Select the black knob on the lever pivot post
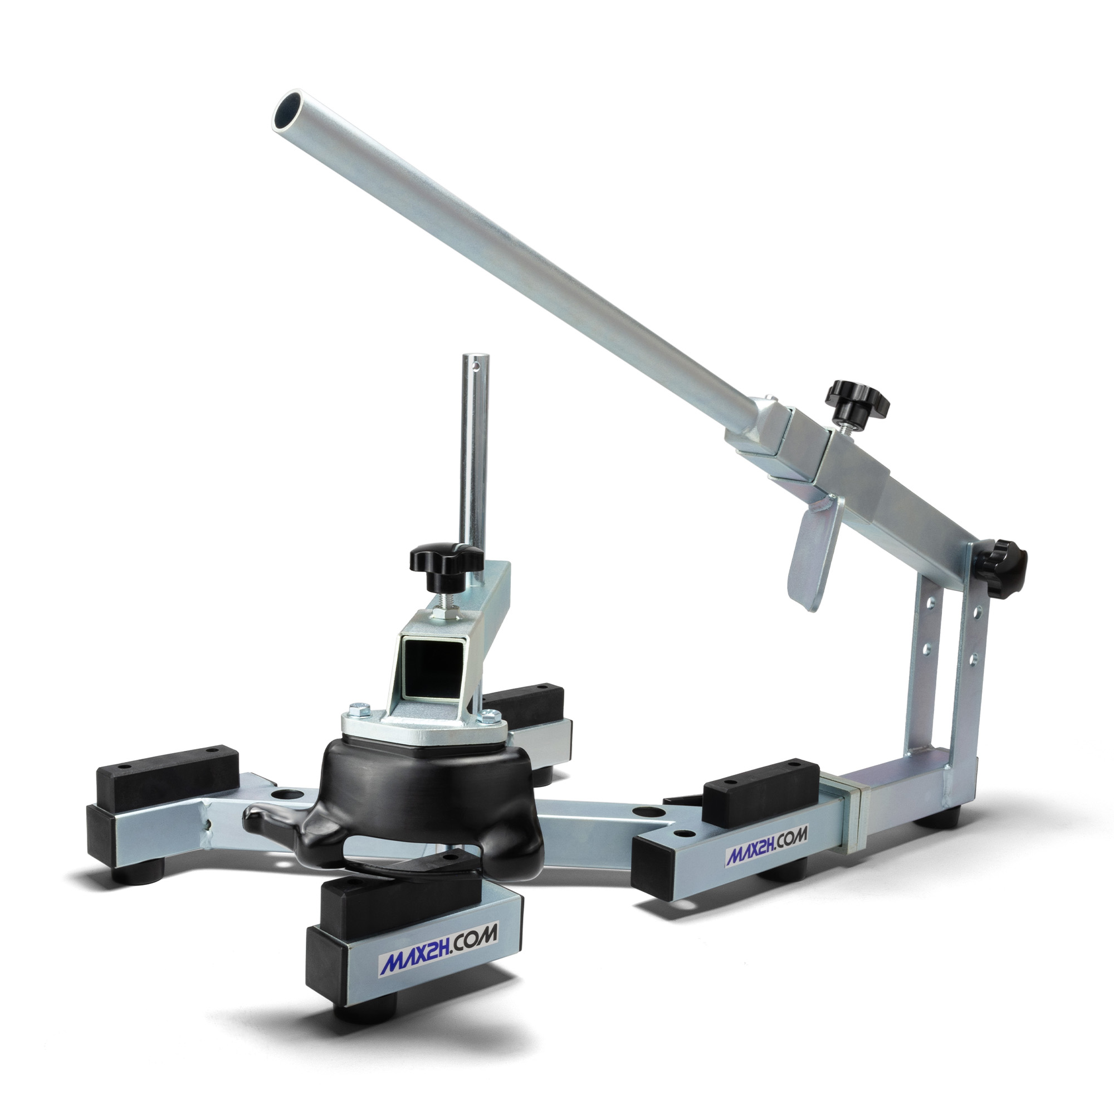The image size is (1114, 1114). click(x=1004, y=556)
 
